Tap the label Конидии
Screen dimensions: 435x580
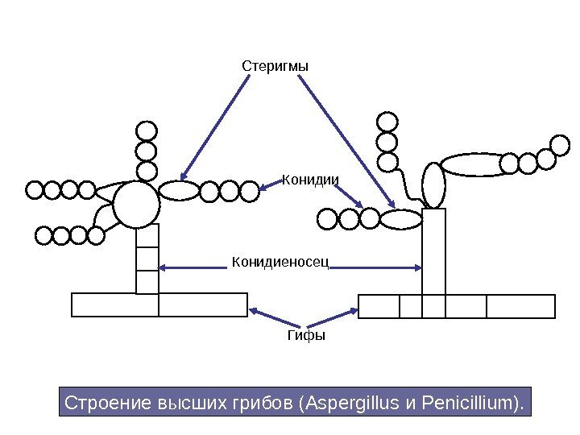point(310,180)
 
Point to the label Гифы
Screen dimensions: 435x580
point(306,335)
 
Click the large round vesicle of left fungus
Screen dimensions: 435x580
point(136,204)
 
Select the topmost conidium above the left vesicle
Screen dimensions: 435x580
point(147,130)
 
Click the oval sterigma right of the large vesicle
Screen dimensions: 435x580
point(180,190)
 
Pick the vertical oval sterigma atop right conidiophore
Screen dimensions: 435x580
point(434,185)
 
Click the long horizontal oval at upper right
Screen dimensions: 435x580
point(470,164)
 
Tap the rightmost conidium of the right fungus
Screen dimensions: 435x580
point(560,145)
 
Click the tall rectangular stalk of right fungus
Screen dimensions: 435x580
point(433,251)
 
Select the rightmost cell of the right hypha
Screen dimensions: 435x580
point(521,307)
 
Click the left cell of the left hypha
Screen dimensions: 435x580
point(115,304)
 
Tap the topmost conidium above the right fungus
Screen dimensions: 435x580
point(388,122)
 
